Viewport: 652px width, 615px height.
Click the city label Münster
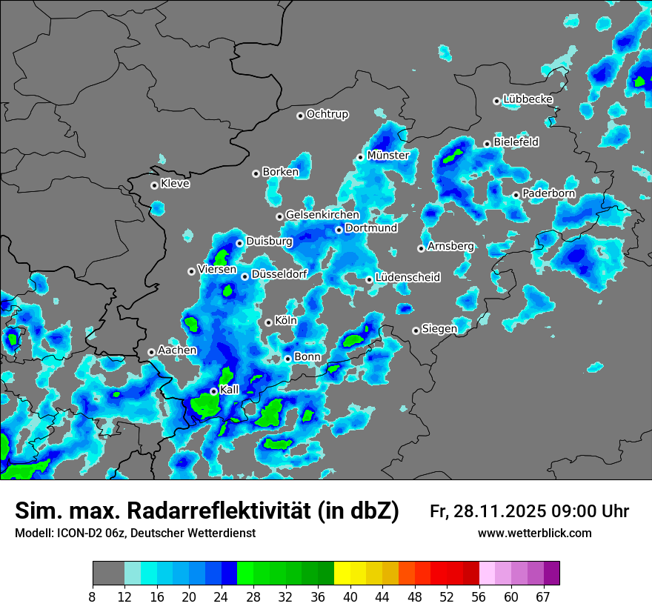(388, 156)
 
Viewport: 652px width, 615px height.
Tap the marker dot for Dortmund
(339, 230)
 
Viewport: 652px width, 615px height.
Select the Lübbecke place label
(528, 99)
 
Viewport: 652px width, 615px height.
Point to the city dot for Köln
(268, 322)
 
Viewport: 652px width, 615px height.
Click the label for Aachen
(177, 350)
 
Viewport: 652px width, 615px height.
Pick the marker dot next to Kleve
(154, 185)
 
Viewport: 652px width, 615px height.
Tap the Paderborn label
(548, 194)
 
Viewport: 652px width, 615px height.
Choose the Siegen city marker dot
(416, 330)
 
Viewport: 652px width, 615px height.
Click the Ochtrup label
(327, 115)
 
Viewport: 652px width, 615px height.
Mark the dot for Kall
(213, 391)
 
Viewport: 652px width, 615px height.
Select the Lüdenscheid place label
(408, 278)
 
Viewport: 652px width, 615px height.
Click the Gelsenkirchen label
(322, 215)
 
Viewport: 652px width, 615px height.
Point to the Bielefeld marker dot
(487, 144)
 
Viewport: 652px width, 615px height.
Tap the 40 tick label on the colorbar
(350, 596)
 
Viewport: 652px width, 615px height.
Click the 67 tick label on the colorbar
(543, 596)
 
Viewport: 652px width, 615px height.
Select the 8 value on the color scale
(93, 596)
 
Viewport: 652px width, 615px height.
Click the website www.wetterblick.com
(534, 533)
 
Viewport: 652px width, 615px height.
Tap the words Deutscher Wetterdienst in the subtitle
(195, 533)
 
